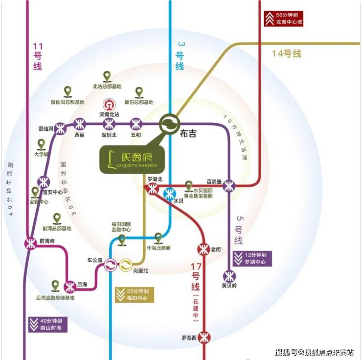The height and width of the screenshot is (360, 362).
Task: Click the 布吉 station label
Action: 186,133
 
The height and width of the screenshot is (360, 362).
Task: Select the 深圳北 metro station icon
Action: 108,123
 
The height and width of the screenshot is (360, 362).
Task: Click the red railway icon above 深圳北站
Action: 108,105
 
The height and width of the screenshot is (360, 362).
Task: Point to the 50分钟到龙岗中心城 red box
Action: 283,18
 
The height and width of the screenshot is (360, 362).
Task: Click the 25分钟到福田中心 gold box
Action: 134,294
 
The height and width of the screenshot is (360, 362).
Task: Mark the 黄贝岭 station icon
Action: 229,275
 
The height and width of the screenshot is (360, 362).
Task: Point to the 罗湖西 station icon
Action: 204,337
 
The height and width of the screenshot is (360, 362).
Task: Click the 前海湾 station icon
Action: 30,244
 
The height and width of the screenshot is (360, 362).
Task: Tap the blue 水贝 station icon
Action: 170,192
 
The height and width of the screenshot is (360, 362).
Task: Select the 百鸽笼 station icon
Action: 229,186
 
